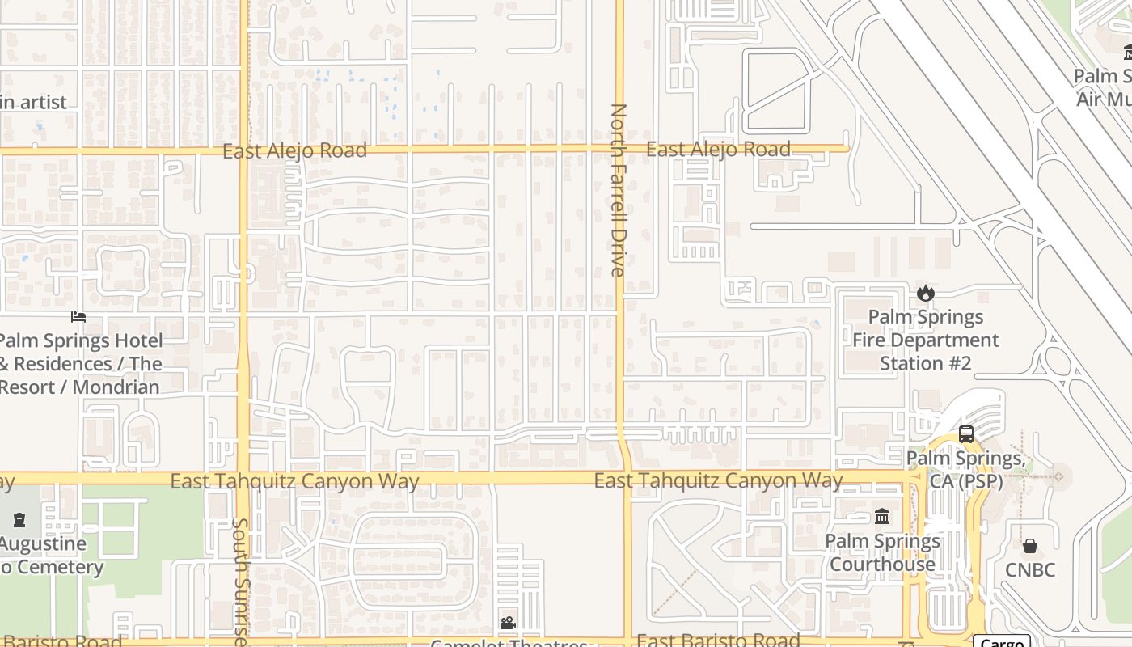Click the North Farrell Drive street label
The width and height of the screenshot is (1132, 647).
[619, 190]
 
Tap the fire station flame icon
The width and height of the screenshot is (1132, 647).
[926, 293]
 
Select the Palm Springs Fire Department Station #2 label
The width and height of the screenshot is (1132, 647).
[926, 340]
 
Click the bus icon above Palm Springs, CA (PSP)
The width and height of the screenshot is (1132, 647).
[966, 434]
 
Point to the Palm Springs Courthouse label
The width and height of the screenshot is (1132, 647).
[883, 552]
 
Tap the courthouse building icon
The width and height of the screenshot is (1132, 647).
[882, 516]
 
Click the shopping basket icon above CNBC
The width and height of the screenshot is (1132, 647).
[1029, 546]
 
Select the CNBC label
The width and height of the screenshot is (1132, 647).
[1030, 570]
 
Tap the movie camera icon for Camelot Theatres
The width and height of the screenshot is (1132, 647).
[508, 623]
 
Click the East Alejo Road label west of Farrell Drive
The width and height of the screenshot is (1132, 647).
[294, 150]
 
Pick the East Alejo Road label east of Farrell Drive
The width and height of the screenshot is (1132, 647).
[718, 149]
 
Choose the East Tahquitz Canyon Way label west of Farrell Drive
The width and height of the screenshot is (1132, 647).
[294, 482]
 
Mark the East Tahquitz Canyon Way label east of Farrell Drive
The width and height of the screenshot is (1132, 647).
[718, 481]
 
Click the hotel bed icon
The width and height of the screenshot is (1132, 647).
[78, 316]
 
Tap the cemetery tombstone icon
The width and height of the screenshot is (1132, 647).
[19, 519]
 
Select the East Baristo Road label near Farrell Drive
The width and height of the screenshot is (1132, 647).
[718, 640]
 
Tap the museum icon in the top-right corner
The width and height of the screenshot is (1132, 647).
[1128, 53]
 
